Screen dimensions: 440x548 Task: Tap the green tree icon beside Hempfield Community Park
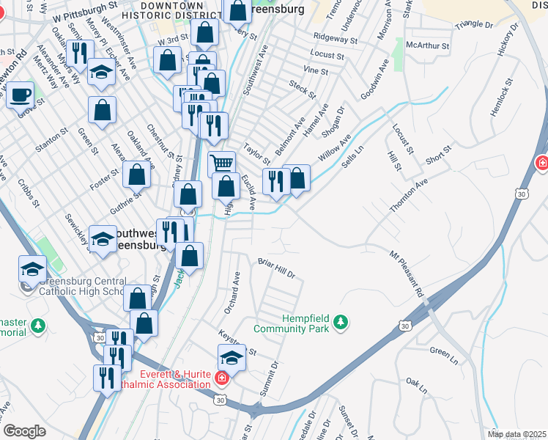[340, 321]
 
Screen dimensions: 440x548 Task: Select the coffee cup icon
[21, 95]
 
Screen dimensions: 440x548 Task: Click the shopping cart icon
[222, 164]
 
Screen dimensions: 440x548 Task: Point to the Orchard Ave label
[232, 293]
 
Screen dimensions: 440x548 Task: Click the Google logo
[24, 431]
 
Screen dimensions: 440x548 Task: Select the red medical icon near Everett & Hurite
[222, 378]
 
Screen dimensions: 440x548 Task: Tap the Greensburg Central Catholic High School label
[83, 286]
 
